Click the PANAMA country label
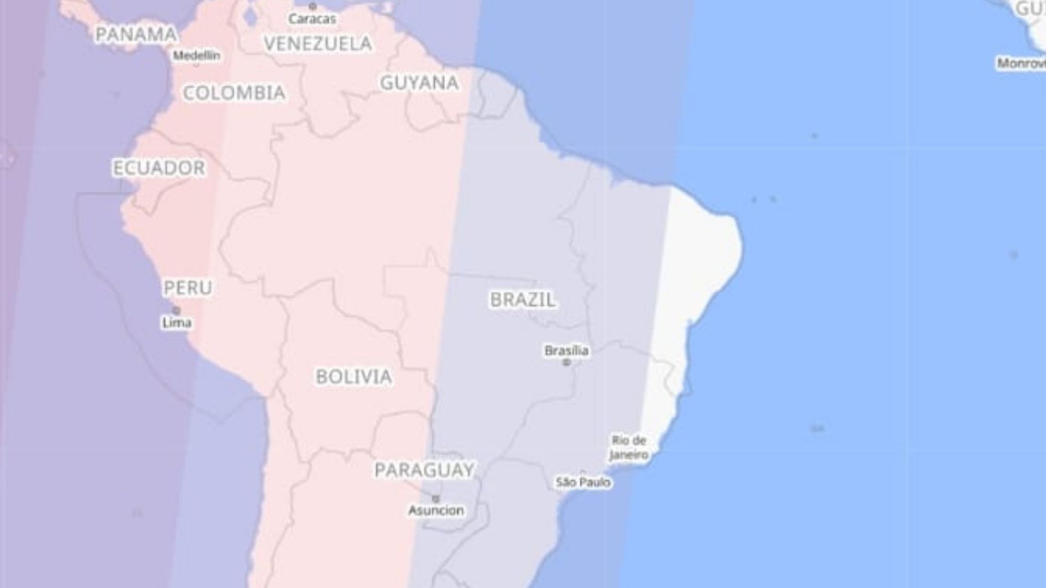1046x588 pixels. tap(136, 34)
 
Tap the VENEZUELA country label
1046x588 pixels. tap(318, 44)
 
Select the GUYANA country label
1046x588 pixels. tap(419, 83)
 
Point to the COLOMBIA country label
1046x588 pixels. tap(234, 93)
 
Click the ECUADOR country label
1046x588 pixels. tap(159, 168)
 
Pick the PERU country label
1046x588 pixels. tap(188, 287)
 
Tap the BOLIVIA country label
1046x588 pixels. tap(354, 376)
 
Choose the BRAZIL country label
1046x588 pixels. tap(523, 299)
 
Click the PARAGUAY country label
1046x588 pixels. tap(424, 470)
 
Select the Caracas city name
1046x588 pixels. tap(312, 19)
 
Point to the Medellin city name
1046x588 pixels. tap(197, 56)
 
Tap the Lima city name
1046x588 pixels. tap(177, 323)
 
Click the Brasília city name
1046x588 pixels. tap(567, 351)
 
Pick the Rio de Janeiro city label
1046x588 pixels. tap(629, 448)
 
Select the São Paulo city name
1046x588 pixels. tap(583, 482)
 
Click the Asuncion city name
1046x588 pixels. tap(436, 511)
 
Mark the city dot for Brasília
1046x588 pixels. tap(567, 362)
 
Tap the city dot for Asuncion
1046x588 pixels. tap(436, 499)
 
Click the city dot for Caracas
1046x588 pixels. tap(313, 7)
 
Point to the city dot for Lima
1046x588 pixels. tap(177, 311)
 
